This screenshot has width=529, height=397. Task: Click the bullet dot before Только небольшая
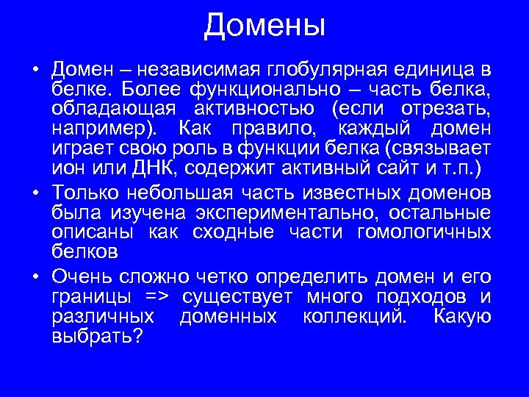(x=35, y=195)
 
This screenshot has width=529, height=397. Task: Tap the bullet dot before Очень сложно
(x=35, y=279)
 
